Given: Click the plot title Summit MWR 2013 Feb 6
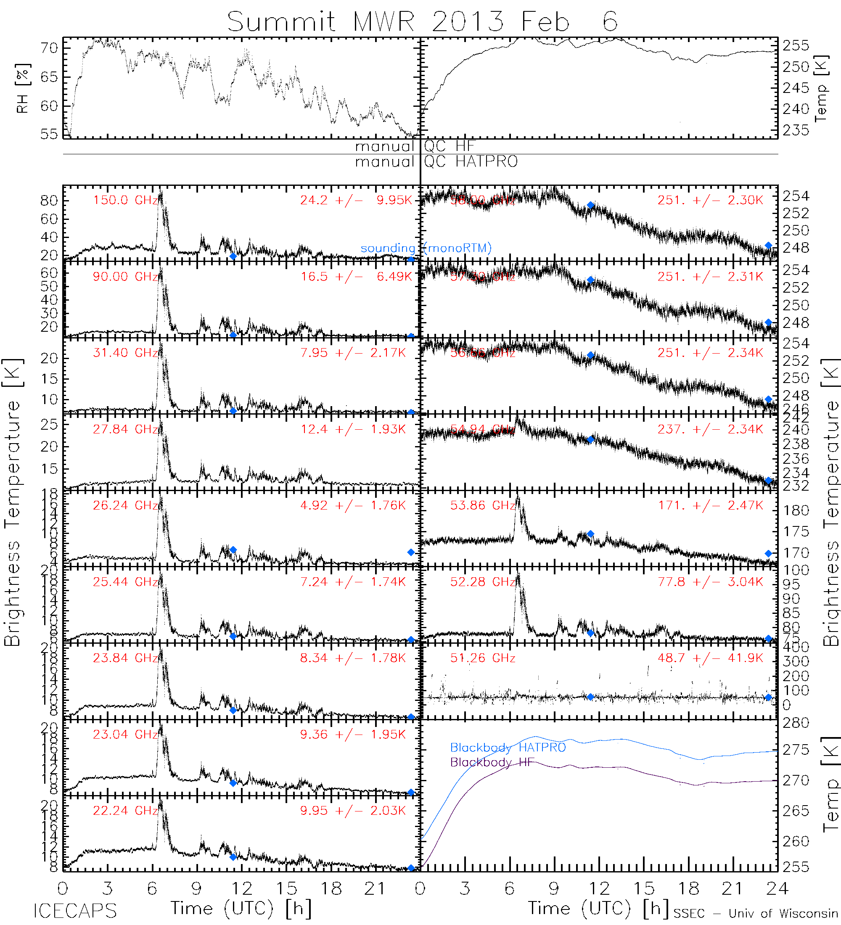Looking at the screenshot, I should [422, 21].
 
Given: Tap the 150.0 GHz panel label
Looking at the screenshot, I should [125, 200].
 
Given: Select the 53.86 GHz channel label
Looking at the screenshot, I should [483, 506].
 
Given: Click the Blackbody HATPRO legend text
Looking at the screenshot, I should [508, 748].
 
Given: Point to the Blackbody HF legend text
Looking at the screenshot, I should [492, 762].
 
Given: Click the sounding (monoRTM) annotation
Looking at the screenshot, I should [426, 248].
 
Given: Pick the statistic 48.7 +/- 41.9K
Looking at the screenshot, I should [710, 658].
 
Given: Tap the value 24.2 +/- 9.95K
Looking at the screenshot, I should [356, 200].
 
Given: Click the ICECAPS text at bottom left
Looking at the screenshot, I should [75, 911].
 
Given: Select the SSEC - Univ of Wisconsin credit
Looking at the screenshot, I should [756, 914].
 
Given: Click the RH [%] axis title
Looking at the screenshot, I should [22, 88].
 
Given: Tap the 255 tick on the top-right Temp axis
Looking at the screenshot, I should [796, 46].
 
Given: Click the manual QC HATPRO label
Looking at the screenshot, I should [436, 161].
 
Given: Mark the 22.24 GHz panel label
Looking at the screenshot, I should [125, 811].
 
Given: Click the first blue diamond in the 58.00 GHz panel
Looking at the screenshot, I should [590, 206].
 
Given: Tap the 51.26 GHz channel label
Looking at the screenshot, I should [483, 658].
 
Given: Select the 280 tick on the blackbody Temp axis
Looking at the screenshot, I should [796, 723].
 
